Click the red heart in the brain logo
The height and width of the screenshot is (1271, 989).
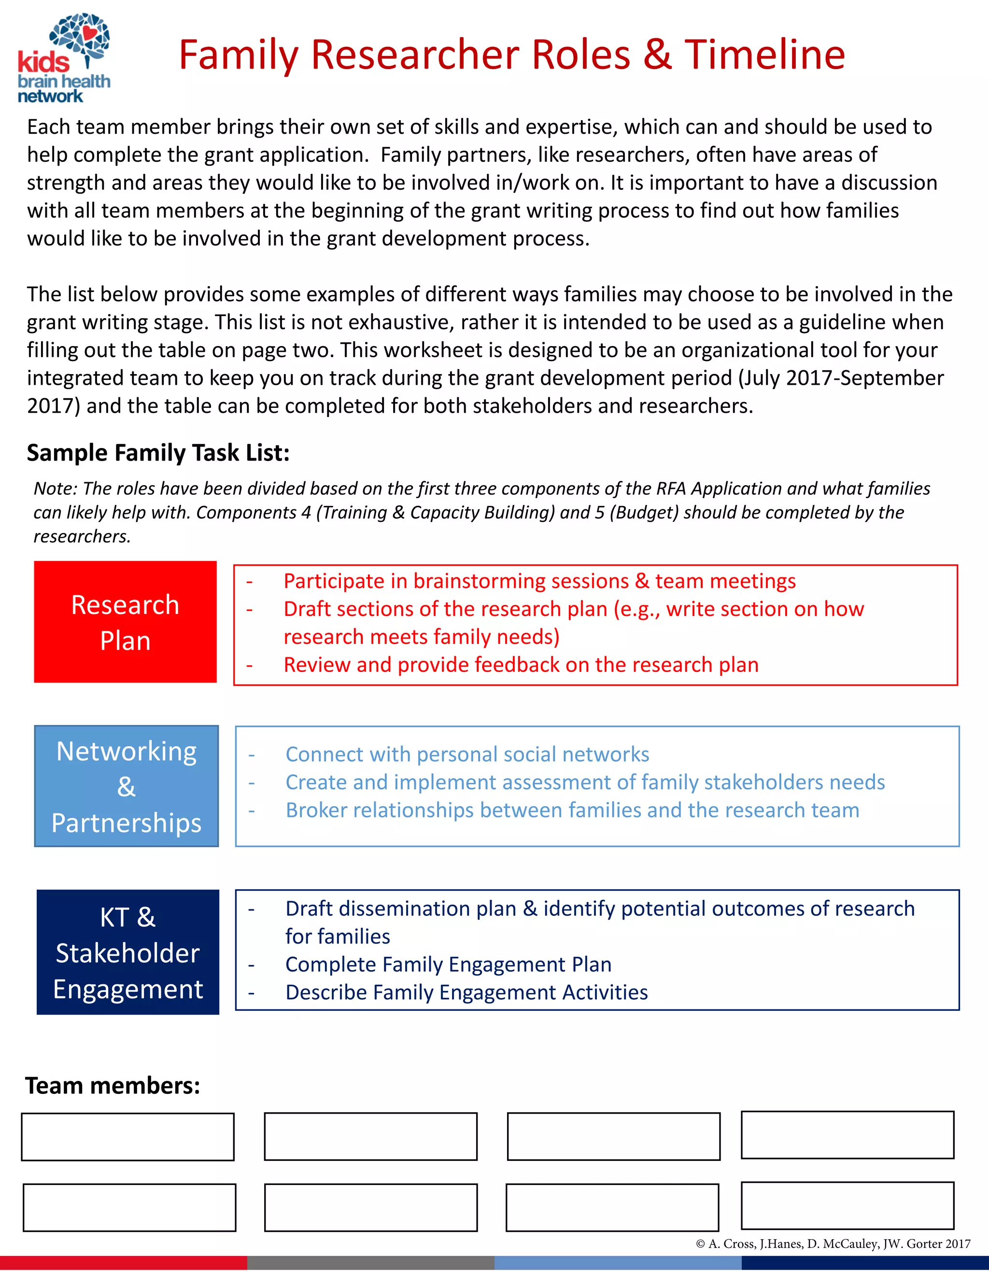(x=89, y=33)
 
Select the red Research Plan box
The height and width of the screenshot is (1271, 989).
(x=125, y=622)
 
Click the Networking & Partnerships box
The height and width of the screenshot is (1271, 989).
(x=127, y=786)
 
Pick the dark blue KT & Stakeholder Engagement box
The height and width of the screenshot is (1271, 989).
(x=127, y=952)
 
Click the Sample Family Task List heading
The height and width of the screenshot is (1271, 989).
(x=158, y=453)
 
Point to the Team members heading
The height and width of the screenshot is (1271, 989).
(x=113, y=1086)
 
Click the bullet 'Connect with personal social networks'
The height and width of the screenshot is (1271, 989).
(x=467, y=754)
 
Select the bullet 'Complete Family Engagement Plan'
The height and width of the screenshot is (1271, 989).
(x=448, y=964)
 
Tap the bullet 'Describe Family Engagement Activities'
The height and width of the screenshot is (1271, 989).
(x=466, y=992)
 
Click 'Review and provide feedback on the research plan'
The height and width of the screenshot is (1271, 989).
(x=521, y=665)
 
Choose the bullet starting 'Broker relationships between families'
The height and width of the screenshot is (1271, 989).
(x=572, y=810)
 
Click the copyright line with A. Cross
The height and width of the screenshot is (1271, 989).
(x=833, y=1243)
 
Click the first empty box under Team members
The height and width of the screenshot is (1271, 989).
(x=127, y=1137)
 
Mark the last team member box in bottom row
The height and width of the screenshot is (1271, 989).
(x=847, y=1205)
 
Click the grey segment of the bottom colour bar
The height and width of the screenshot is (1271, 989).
(x=370, y=1263)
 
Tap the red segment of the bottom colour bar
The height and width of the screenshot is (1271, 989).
(x=124, y=1263)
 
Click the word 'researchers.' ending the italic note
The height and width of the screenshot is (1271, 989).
(x=82, y=536)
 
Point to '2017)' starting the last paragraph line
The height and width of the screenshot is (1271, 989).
(x=54, y=405)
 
